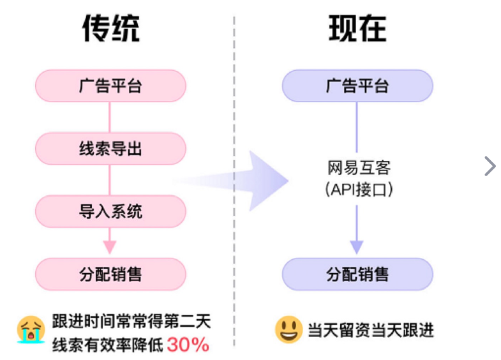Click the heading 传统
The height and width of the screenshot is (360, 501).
[x=110, y=29]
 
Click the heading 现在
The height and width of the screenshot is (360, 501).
[x=357, y=29]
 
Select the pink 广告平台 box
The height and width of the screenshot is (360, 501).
[x=110, y=86]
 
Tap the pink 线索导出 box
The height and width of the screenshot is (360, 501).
[x=110, y=149]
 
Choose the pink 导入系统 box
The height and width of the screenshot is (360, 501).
[x=110, y=211]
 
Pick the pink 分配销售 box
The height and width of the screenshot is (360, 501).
[x=110, y=274]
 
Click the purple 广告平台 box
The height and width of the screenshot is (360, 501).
[x=357, y=86]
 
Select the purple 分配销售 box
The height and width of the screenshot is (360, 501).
[x=357, y=274]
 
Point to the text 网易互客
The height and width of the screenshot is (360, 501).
[x=358, y=168]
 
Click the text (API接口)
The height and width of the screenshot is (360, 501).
[x=358, y=190]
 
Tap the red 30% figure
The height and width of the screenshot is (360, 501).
[x=188, y=345]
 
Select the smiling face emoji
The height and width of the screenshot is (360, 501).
[x=288, y=329]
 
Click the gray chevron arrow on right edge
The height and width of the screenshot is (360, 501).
[x=490, y=166]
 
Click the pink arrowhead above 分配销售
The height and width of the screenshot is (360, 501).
[x=110, y=247]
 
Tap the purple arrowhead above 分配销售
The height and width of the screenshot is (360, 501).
[x=357, y=247]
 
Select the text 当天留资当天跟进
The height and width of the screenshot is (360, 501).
[x=371, y=330]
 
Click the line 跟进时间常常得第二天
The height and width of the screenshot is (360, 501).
[x=131, y=319]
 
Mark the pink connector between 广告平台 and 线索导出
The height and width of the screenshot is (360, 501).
[x=110, y=117]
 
